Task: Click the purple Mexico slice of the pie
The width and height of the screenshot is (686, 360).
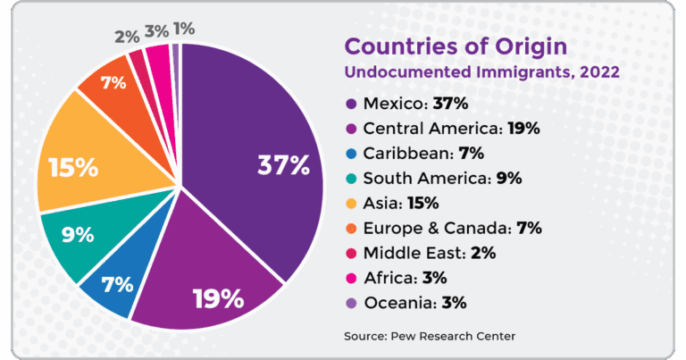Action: [259, 134]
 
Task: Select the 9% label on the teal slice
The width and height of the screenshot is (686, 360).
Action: [78, 235]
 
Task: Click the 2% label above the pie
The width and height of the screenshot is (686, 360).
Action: [126, 37]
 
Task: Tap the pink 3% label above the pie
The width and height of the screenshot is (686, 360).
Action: [156, 32]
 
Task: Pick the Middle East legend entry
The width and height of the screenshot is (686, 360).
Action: [430, 253]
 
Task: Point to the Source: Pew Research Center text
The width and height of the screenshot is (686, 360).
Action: [430, 336]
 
